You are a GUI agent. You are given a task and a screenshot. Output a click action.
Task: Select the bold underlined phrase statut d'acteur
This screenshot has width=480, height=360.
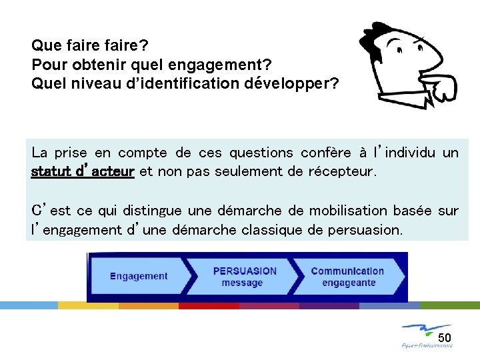83,171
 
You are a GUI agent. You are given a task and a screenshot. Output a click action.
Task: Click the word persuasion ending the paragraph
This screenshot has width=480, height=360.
367,231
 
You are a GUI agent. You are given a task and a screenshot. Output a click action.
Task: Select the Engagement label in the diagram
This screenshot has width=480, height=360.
139,276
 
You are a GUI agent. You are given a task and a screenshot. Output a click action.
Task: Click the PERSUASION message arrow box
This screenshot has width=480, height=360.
243,277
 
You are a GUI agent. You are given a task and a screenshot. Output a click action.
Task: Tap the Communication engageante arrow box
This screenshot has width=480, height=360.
348,277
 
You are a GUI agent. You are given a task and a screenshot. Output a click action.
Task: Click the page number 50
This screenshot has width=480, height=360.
445,337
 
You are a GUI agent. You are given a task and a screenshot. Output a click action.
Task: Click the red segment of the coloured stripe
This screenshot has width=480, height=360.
209,305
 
